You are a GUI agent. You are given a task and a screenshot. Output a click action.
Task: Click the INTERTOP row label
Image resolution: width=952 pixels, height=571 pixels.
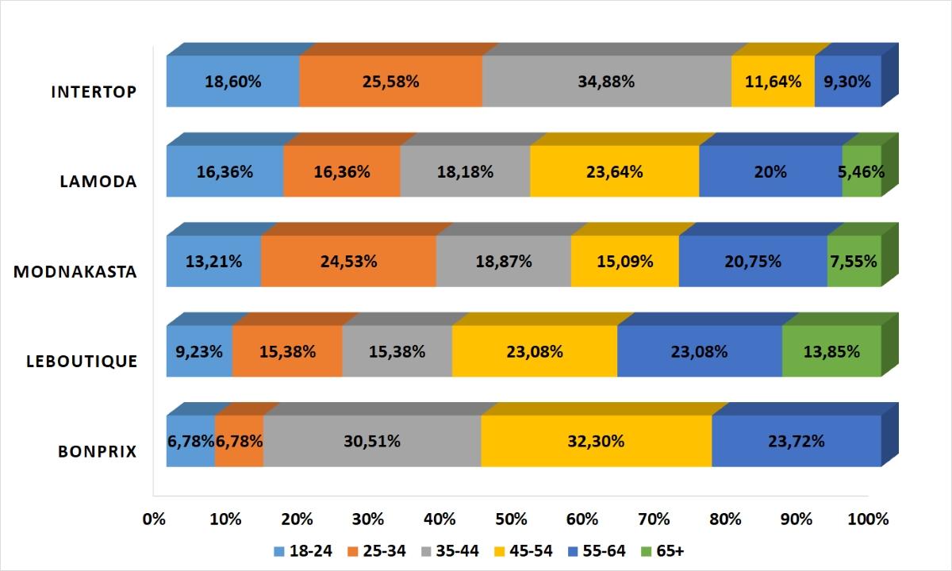point(94,91)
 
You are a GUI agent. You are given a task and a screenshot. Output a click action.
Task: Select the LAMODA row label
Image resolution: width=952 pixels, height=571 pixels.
point(98,181)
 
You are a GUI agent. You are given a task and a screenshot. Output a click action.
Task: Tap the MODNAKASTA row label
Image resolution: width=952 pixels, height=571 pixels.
point(75,271)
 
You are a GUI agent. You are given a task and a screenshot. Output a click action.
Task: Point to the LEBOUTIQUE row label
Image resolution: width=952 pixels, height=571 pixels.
point(82,361)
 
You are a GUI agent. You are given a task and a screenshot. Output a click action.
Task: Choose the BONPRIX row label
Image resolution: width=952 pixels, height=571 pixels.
point(98,451)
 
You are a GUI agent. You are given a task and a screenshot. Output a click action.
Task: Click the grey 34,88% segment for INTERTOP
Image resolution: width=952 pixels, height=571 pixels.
point(607,81)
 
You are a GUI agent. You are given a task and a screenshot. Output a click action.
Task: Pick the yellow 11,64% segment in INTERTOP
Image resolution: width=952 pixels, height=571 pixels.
point(773,81)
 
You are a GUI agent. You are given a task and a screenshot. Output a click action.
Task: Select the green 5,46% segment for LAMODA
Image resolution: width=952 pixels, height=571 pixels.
point(862,171)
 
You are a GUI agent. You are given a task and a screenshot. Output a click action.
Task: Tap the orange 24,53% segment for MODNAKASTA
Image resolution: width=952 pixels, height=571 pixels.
point(348,261)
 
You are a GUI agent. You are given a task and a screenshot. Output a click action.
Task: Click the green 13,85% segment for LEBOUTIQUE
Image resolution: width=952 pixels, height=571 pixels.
point(831,351)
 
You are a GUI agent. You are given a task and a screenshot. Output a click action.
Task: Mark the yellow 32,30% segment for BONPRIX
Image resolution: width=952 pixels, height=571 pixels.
point(596,441)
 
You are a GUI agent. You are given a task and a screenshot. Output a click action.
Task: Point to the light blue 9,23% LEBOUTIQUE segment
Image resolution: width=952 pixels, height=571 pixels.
point(199,351)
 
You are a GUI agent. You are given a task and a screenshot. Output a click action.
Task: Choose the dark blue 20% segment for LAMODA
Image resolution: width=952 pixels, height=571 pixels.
point(770,171)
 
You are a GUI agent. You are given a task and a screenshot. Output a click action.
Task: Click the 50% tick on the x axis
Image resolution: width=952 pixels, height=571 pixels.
point(511,519)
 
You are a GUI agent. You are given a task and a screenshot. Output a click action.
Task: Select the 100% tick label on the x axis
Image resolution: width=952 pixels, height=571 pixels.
point(868,519)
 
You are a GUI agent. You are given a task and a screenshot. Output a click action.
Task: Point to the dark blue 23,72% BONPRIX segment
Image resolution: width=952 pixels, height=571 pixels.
point(797,441)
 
